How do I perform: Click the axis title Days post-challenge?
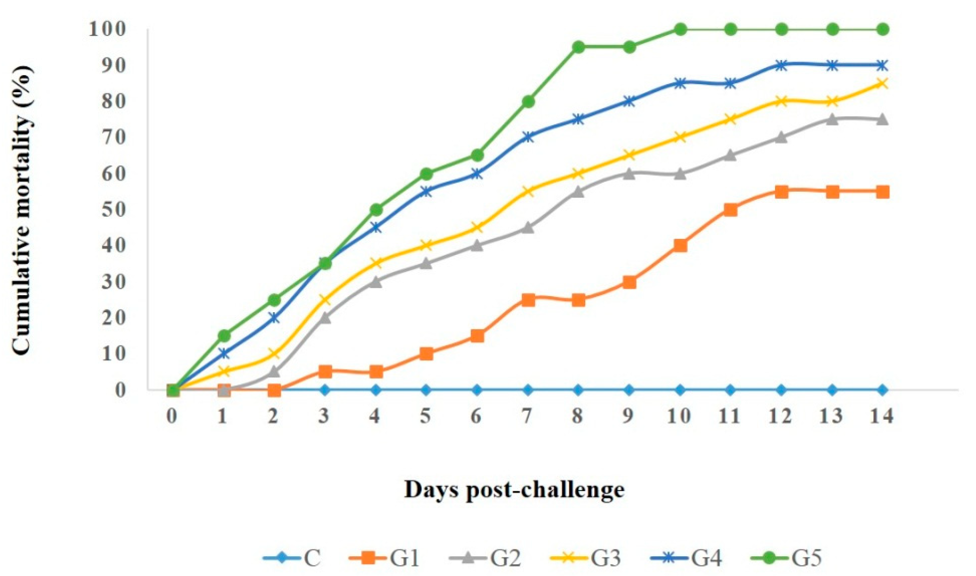click(514, 490)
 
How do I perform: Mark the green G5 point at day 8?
click(578, 47)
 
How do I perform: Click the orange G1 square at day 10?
click(680, 246)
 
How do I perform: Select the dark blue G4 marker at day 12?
click(781, 65)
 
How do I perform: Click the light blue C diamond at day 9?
click(629, 390)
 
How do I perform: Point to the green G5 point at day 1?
click(224, 336)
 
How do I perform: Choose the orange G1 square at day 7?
click(528, 300)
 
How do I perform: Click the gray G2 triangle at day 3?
click(325, 318)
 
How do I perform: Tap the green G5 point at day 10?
click(680, 30)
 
